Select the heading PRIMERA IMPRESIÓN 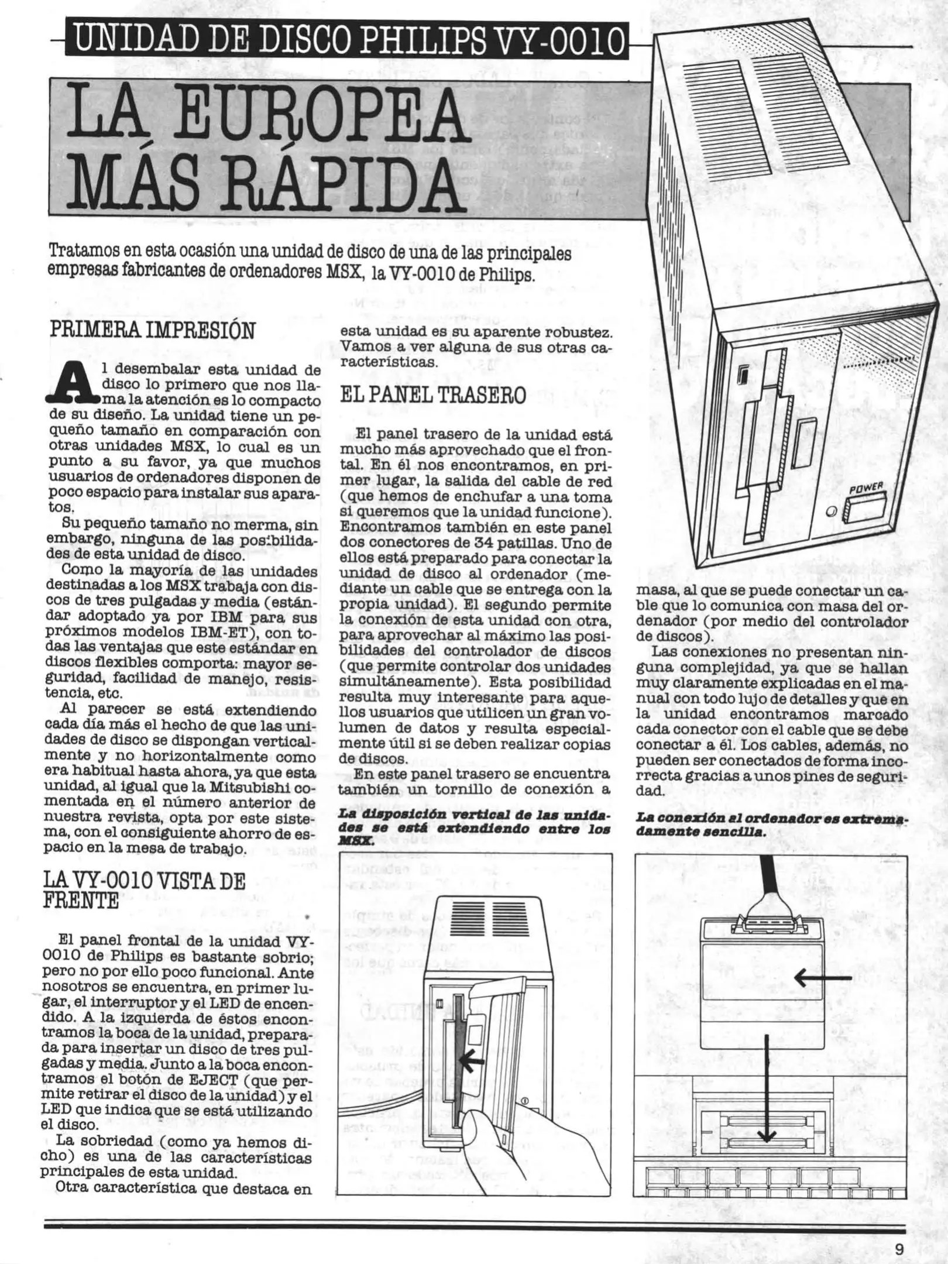pyautogui.click(x=153, y=331)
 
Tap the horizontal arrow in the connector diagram pyautogui.click(x=822, y=977)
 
